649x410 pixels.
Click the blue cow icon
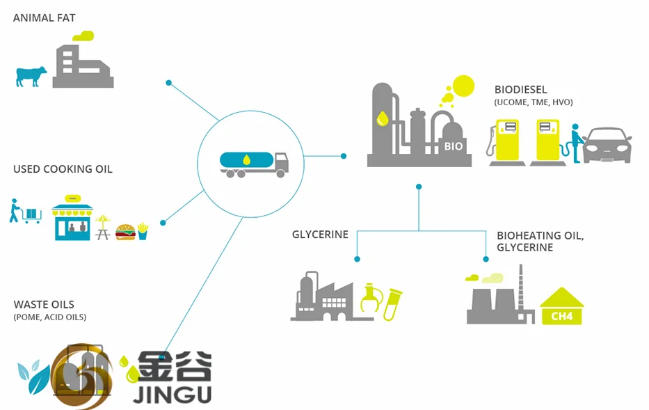tap(31, 76)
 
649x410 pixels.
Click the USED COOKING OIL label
tap(63, 169)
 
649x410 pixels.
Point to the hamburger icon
tap(125, 232)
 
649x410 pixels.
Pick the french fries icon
tap(143, 231)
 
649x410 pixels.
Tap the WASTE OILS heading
tap(44, 304)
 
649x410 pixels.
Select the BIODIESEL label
tap(521, 90)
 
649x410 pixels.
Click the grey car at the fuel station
tap(607, 146)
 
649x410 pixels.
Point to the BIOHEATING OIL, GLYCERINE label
tap(540, 242)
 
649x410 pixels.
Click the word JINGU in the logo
tap(172, 394)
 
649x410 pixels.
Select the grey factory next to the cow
tap(83, 65)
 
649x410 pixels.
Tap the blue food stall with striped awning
tap(72, 219)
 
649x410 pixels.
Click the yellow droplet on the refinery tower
tap(382, 118)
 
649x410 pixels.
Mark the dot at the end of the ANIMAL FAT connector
tap(168, 83)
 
